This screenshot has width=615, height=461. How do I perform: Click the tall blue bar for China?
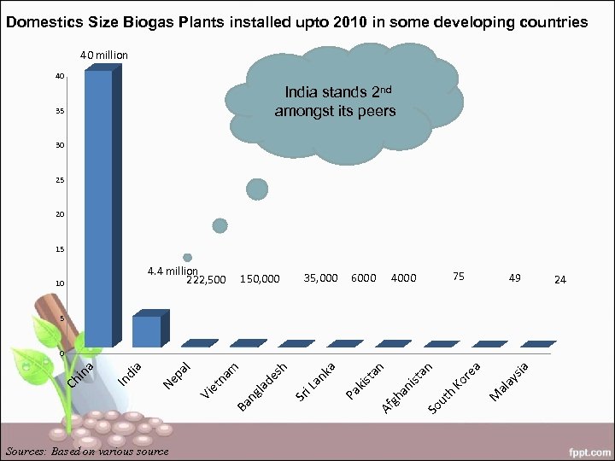pyautogui.click(x=98, y=209)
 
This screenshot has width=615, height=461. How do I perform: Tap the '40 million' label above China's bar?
pyautogui.click(x=103, y=55)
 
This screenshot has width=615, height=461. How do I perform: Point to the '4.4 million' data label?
pyautogui.click(x=171, y=271)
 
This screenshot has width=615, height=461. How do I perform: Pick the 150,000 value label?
pyautogui.click(x=260, y=279)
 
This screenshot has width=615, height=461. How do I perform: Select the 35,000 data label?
pyautogui.click(x=321, y=277)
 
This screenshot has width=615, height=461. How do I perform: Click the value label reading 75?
pyautogui.click(x=459, y=277)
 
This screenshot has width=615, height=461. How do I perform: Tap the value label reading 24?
pyautogui.click(x=559, y=279)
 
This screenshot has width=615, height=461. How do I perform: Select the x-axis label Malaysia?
pyautogui.click(x=512, y=381)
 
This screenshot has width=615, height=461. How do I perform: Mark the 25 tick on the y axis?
pyautogui.click(x=59, y=180)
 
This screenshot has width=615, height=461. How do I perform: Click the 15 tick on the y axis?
pyautogui.click(x=59, y=249)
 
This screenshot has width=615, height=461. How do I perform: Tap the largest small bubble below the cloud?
pyautogui.click(x=257, y=190)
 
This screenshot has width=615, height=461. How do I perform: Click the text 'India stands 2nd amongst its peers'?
pyautogui.click(x=335, y=102)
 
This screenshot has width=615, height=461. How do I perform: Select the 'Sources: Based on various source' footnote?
pyautogui.click(x=87, y=451)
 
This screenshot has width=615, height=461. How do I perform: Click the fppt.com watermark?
pyautogui.click(x=587, y=449)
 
